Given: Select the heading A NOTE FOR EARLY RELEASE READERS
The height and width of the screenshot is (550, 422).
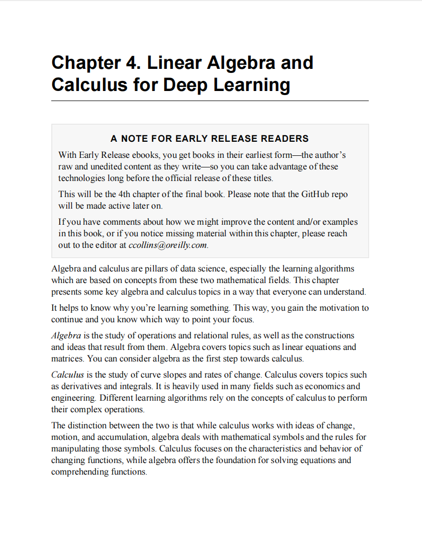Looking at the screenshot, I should pos(209,138).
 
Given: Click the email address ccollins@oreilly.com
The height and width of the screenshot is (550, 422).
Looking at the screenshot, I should pos(168,245).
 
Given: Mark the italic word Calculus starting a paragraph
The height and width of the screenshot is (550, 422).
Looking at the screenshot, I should pos(67,375).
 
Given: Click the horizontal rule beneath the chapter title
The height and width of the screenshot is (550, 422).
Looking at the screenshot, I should pos(209,101).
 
